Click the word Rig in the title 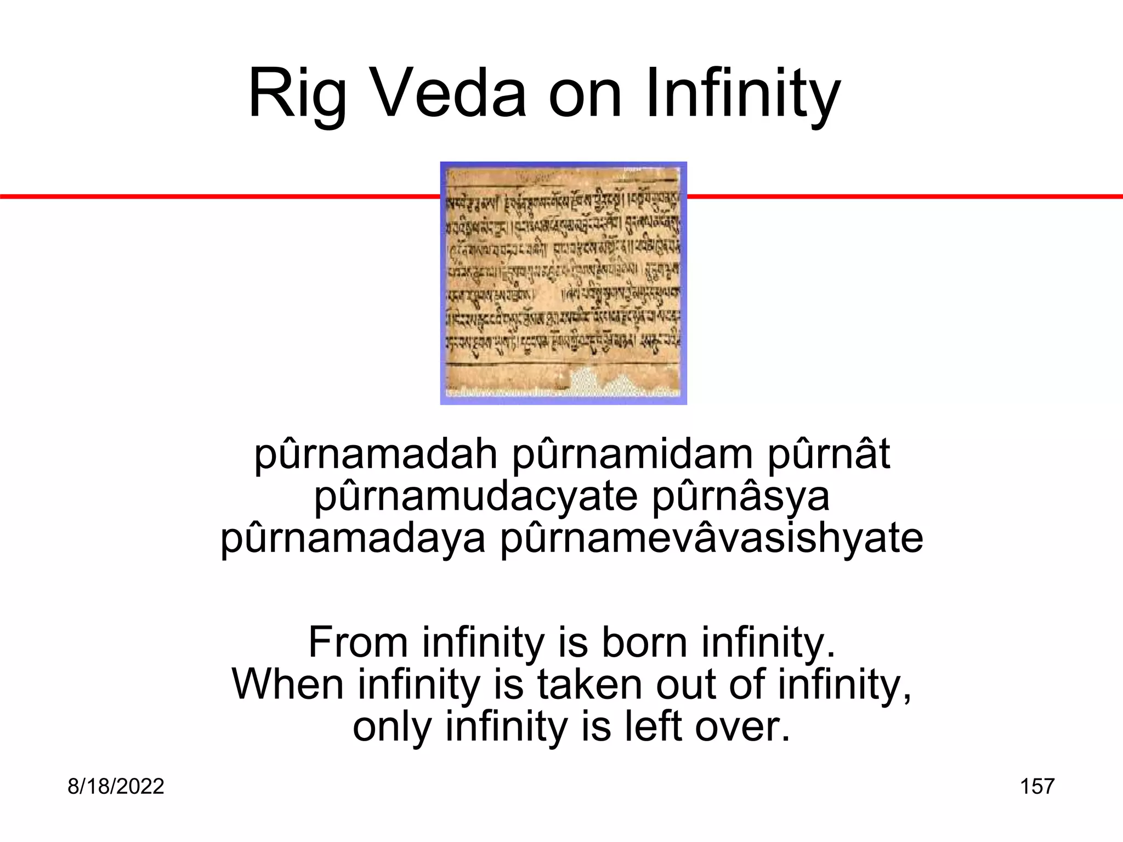click(297, 94)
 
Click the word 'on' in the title click(586, 94)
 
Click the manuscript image click(563, 283)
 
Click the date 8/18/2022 click(116, 787)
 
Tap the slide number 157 click(1037, 787)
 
